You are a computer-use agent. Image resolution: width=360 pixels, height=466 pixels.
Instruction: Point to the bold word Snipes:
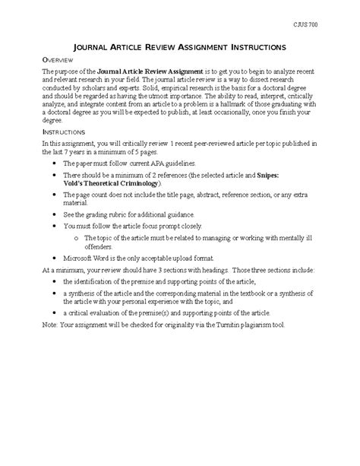[x=274, y=176]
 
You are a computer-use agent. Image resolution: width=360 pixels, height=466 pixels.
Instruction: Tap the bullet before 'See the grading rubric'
[x=52, y=215]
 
